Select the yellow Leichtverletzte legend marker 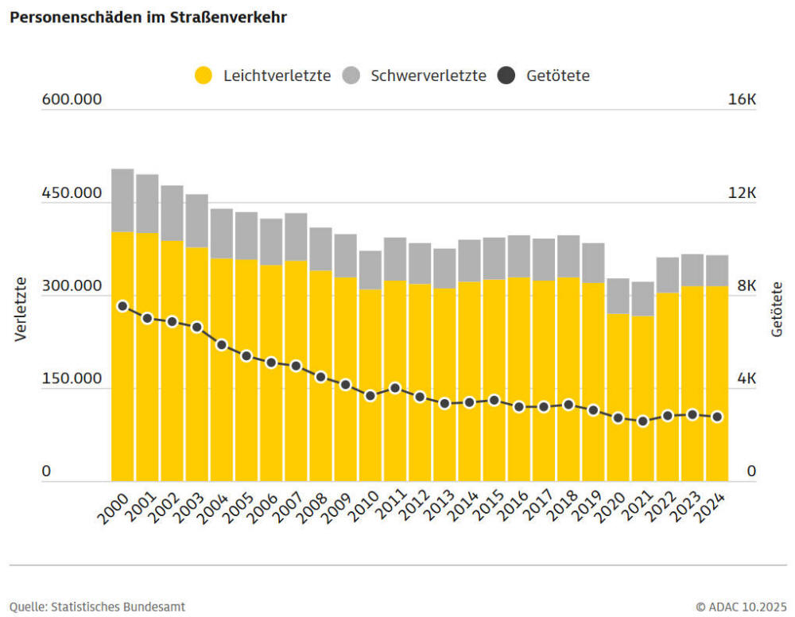point(204,76)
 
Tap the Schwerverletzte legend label point(428,76)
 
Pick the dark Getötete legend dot point(506,76)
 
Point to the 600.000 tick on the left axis point(72,100)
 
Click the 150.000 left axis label point(72,379)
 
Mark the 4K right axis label point(746,379)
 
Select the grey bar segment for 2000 point(122,200)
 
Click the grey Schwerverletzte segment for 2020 point(618,296)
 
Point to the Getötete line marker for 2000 point(122,306)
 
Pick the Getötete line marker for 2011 point(395,388)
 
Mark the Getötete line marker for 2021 point(642,421)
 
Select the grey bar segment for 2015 point(494,258)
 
